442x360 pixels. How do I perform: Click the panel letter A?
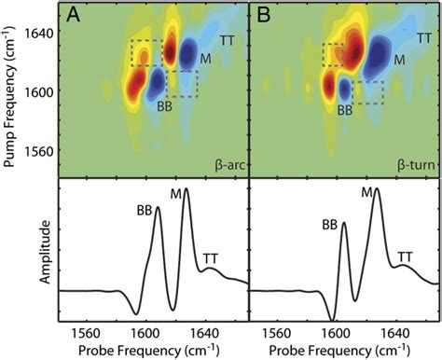(x=72, y=14)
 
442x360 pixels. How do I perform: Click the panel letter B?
(x=262, y=14)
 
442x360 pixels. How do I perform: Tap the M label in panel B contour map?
(x=398, y=61)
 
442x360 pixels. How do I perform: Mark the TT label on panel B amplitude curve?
(x=406, y=256)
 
